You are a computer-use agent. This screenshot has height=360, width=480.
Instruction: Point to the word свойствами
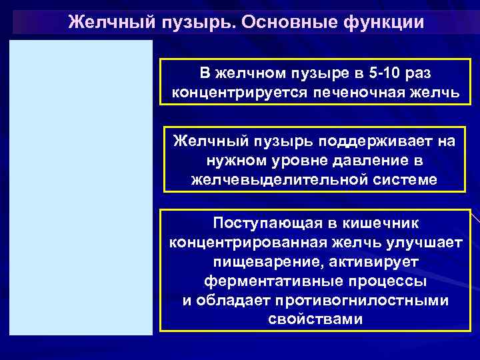[x=315, y=319]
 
